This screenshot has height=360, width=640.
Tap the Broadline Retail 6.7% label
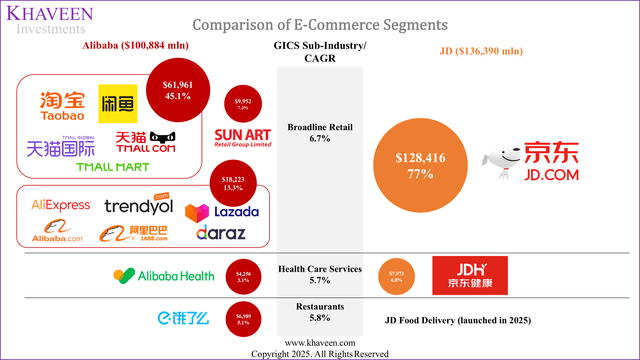coord(319,135)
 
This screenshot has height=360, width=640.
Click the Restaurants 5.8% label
coord(319,312)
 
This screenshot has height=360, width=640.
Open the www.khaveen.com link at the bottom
coord(318,342)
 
